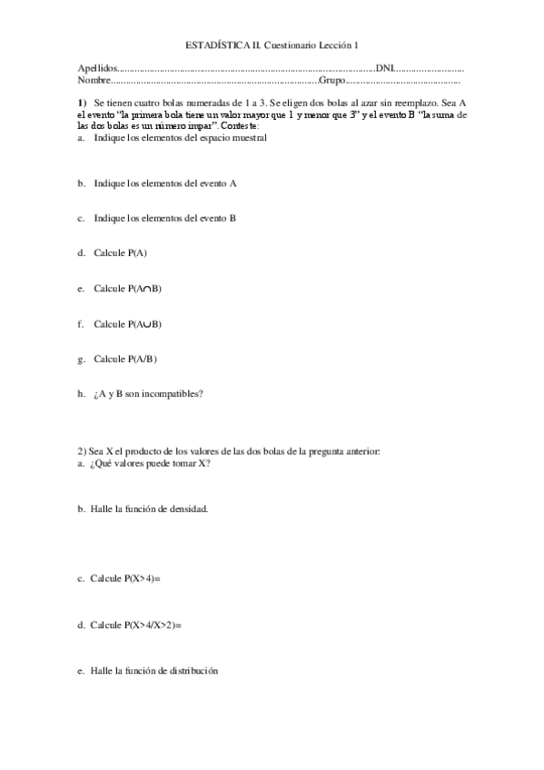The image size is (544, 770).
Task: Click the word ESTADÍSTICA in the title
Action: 212,44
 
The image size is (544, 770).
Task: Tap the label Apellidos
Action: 97,68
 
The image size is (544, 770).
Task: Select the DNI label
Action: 384,68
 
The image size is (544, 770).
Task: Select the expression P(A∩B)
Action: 145,289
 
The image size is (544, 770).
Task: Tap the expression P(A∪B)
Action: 145,323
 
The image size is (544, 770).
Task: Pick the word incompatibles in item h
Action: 175,394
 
